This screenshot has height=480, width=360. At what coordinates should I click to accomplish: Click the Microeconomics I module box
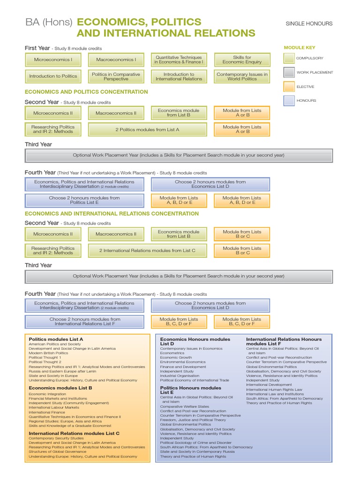pyautogui.click(x=52, y=60)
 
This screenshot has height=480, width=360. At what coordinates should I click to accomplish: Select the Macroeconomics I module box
pyautogui.click(x=116, y=60)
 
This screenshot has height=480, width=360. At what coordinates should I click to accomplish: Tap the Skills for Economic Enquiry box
pyautogui.click(x=242, y=60)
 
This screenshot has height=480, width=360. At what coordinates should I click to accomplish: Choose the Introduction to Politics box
pyautogui.click(x=53, y=76)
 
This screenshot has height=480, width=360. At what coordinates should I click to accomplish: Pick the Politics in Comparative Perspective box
pyautogui.click(x=116, y=76)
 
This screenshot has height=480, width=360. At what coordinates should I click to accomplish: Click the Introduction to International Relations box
pyautogui.click(x=179, y=76)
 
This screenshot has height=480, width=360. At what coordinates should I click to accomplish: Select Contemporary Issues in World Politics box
pyautogui.click(x=242, y=76)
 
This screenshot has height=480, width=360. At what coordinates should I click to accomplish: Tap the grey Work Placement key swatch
pyautogui.click(x=289, y=72)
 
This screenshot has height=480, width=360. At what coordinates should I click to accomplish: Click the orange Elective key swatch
pyautogui.click(x=289, y=87)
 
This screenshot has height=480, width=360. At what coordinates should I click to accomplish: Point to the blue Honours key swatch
pyautogui.click(x=289, y=100)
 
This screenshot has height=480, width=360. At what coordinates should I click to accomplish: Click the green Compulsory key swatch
pyautogui.click(x=289, y=58)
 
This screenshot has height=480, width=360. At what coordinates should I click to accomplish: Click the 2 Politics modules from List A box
pyautogui.click(x=147, y=129)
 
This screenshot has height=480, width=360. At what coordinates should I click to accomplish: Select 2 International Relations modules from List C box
pyautogui.click(x=147, y=250)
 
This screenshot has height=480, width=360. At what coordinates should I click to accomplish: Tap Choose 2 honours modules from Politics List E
pyautogui.click(x=84, y=200)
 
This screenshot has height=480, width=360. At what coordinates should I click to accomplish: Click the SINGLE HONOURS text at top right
pyautogui.click(x=309, y=23)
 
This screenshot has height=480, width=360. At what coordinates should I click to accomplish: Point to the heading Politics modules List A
pyautogui.click(x=56, y=339)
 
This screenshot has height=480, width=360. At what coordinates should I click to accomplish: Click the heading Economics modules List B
pyautogui.click(x=60, y=388)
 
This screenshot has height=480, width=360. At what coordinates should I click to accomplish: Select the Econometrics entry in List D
pyautogui.click(x=172, y=353)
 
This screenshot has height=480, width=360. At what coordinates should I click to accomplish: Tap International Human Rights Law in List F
pyautogui.click(x=274, y=390)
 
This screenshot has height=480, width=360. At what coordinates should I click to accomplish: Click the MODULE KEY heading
pyautogui.click(x=300, y=47)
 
